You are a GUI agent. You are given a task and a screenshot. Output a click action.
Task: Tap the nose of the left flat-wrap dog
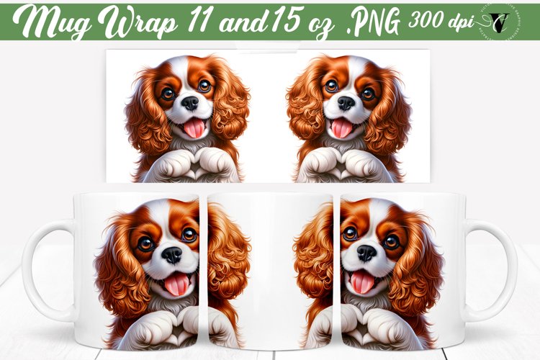(190, 104)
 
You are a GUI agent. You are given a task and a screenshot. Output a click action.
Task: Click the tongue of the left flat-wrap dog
(194, 129)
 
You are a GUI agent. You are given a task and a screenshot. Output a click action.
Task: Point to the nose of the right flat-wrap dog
(346, 104)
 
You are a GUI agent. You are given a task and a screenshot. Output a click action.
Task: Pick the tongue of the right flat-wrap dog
(341, 129)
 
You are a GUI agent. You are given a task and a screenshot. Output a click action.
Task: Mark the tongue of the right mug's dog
(362, 282)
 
